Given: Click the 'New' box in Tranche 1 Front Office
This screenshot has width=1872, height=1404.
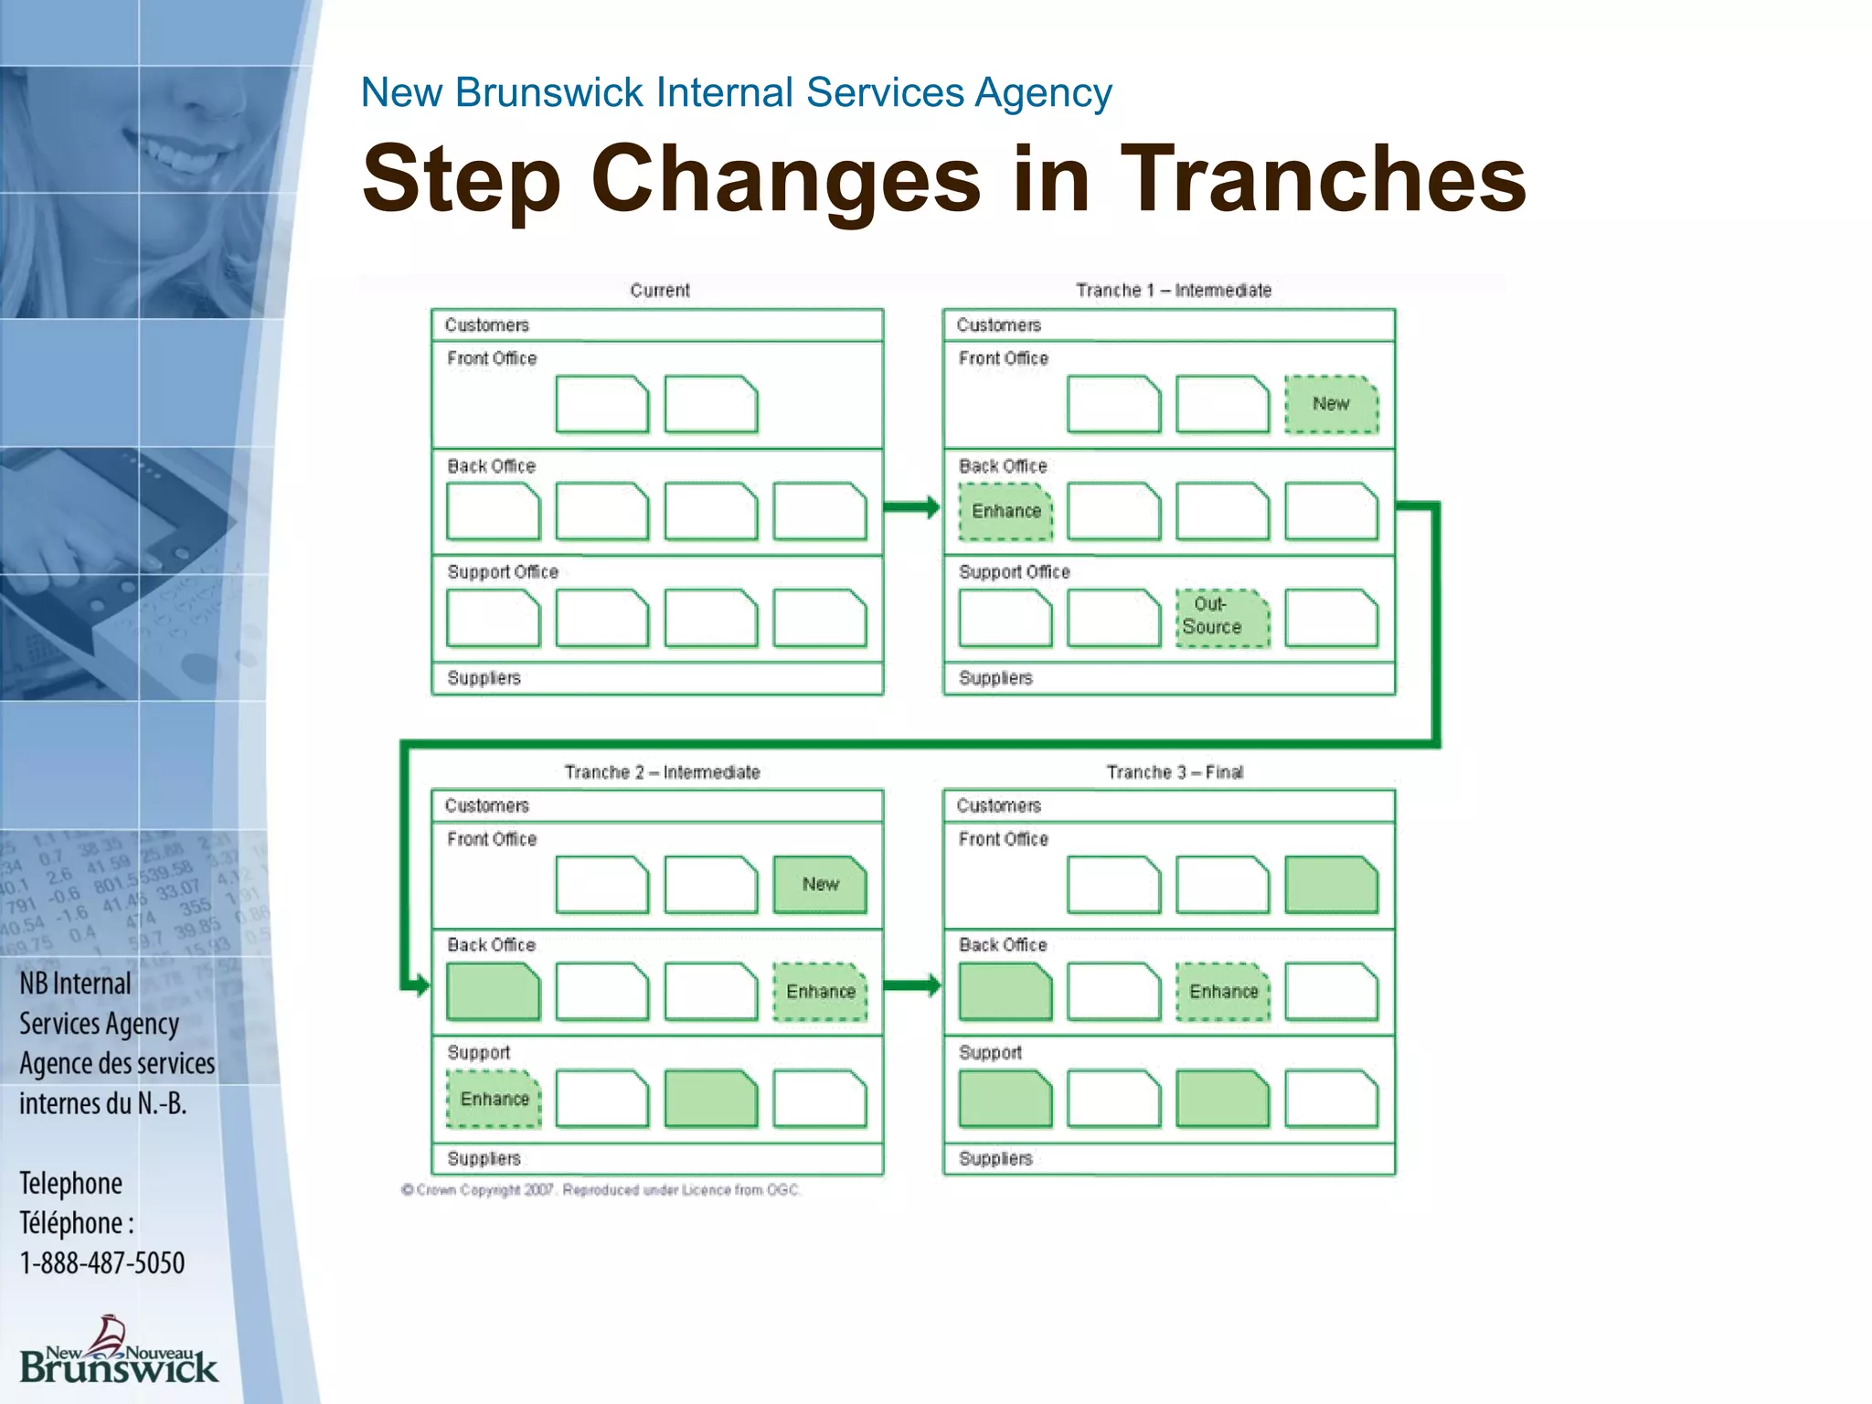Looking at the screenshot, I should click(1331, 404).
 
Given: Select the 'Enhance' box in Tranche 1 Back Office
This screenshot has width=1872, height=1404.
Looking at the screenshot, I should click(1005, 511).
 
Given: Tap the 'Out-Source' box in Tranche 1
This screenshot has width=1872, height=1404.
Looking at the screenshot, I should click(1222, 617).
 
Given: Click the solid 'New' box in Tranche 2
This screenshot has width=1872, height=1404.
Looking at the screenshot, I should click(820, 884).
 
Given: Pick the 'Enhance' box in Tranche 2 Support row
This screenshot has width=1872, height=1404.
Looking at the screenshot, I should click(494, 1099).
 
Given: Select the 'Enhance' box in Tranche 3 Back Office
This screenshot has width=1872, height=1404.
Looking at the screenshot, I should click(1223, 992).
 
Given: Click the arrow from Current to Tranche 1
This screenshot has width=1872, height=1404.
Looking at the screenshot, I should click(911, 507).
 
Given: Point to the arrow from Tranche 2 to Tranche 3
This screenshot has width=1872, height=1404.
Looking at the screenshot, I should click(911, 985).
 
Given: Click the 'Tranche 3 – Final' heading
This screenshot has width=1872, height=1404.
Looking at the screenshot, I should click(1174, 772).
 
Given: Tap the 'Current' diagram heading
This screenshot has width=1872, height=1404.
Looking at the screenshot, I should click(659, 291).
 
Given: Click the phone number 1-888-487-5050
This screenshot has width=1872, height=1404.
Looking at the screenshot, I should click(102, 1263).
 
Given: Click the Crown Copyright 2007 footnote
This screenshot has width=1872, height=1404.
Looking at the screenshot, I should click(601, 1190).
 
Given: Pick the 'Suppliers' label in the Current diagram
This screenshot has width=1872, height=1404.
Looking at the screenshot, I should click(484, 678).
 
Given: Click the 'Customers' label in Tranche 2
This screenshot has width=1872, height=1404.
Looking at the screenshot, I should click(486, 805).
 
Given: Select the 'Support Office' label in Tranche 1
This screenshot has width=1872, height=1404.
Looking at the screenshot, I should click(1014, 572).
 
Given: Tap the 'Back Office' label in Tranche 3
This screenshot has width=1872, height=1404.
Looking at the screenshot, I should click(1002, 945).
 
